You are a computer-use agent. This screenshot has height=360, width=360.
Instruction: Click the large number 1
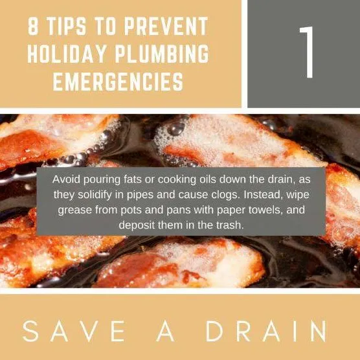tap(307, 52)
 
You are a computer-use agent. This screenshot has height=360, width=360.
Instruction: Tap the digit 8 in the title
tap(33, 26)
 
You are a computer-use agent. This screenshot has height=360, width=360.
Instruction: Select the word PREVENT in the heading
tap(166, 26)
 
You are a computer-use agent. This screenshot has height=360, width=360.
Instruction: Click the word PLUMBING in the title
tap(162, 54)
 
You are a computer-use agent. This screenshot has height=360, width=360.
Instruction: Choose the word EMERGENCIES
tap(118, 82)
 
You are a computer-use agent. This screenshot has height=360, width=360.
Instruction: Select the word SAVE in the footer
tap(74, 331)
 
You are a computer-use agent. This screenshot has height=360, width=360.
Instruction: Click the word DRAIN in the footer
tap(266, 331)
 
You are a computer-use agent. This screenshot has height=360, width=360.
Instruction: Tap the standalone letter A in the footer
tap(165, 331)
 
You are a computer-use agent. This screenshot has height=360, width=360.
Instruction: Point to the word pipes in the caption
tap(140, 196)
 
